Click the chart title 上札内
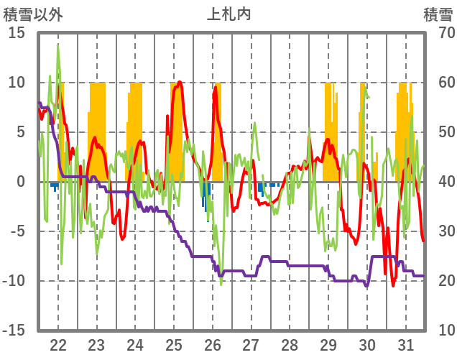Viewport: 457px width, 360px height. tap(228, 14)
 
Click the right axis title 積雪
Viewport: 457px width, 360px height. tap(437, 14)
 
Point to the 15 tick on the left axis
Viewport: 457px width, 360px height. tap(17, 33)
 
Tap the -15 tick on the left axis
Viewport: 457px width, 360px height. tap(14, 330)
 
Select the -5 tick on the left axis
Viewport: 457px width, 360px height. tap(17, 231)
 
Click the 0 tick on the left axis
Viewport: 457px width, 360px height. tap(20, 182)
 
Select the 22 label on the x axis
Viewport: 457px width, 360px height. tap(58, 343)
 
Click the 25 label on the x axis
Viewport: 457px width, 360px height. tap(174, 343)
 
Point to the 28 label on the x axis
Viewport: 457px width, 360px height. tap(290, 343)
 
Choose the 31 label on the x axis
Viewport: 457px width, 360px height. tap(405, 343)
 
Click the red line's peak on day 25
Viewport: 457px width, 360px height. tap(179, 82)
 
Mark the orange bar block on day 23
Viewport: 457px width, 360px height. tap(97, 129)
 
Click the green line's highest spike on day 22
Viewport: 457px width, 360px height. tap(58, 46)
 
